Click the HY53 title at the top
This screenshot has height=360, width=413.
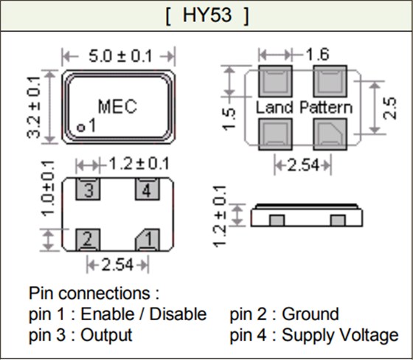206,15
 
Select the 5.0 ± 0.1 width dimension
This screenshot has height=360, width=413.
118,56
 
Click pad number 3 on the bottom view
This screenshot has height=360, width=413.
88,192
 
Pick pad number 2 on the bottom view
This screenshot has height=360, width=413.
88,238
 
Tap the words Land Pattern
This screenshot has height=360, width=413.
304,108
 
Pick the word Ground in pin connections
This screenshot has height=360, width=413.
311,314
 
